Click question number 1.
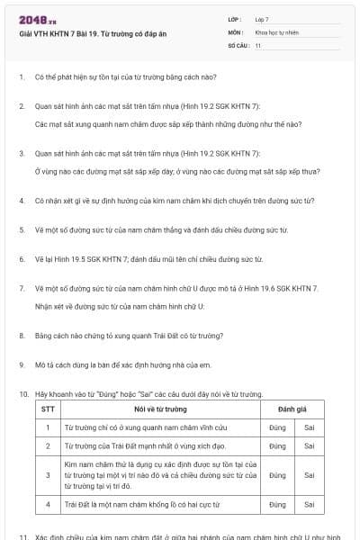click(21, 78)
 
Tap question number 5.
click(21, 230)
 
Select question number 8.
click(21, 336)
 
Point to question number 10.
click(22, 394)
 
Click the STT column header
click(48, 409)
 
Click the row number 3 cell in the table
click(48, 474)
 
